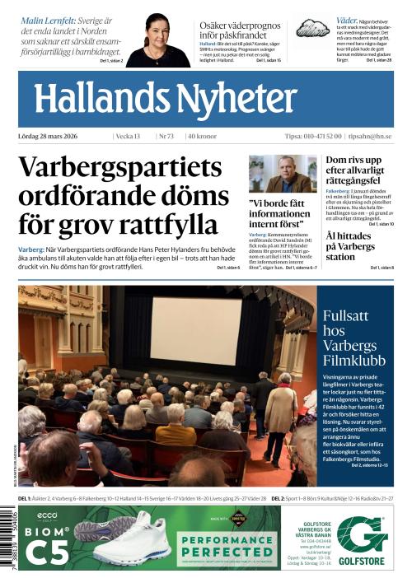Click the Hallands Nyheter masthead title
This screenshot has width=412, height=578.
click(x=165, y=100)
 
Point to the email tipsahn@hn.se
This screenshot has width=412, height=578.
click(x=371, y=136)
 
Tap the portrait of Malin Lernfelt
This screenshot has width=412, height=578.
click(x=158, y=40)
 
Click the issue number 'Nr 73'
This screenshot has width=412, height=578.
click(x=166, y=136)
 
